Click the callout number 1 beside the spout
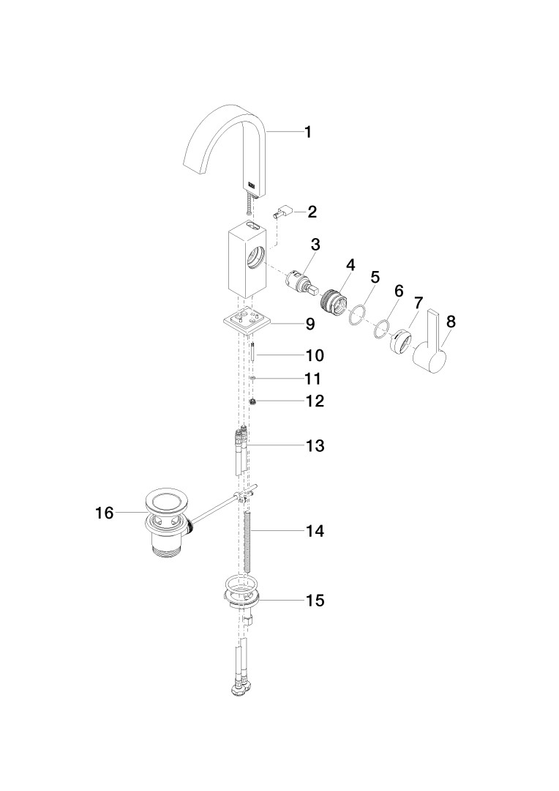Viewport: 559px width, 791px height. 307,132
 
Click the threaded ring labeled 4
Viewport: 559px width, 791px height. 333,301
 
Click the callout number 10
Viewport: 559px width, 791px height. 315,356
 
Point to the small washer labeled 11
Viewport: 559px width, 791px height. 252,378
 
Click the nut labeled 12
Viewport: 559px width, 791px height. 252,401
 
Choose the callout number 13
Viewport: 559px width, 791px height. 315,446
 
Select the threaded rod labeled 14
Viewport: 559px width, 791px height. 247,541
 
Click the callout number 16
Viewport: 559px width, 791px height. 105,513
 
